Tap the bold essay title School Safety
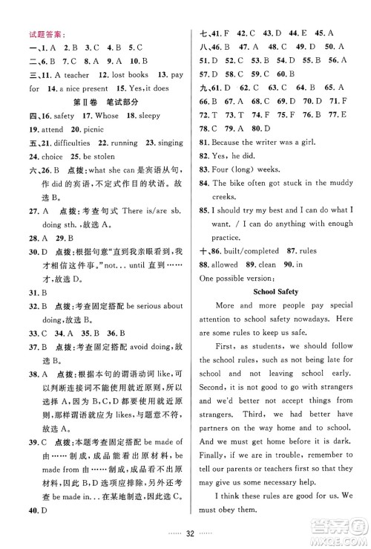[x=278, y=291]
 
